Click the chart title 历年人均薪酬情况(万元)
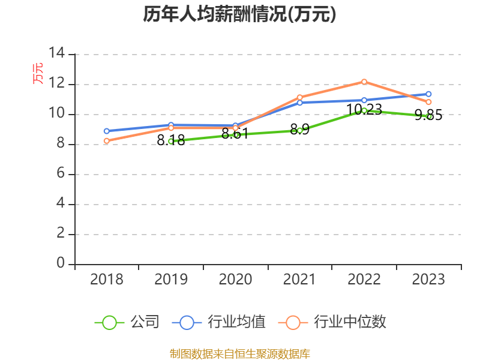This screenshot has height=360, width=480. coord(239,14)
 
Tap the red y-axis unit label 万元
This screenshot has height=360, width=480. coord(38,73)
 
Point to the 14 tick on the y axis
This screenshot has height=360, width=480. coord(57,53)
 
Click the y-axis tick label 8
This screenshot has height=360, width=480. coord(61,144)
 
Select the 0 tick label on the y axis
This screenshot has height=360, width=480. coord(61,263)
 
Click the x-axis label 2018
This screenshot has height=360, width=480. coord(106,280)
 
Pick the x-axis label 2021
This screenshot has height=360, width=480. coord(299,280)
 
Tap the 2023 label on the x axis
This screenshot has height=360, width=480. coord(428,280)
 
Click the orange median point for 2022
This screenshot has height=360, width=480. coord(364,82)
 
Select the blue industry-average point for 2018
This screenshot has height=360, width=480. coord(106,131)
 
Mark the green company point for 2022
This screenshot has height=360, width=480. coord(364,110)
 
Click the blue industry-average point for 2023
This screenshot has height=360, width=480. coord(428,94)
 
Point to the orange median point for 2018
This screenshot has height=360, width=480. coord(106,141)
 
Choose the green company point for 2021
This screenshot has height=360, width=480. coord(299,130)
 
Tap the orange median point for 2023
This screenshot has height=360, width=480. coord(428,102)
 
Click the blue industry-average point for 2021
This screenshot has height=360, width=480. coord(299,103)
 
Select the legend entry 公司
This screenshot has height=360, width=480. coord(127,322)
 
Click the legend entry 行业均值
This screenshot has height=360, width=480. coord(219,322)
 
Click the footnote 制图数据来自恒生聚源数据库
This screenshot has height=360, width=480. coord(239,353)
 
